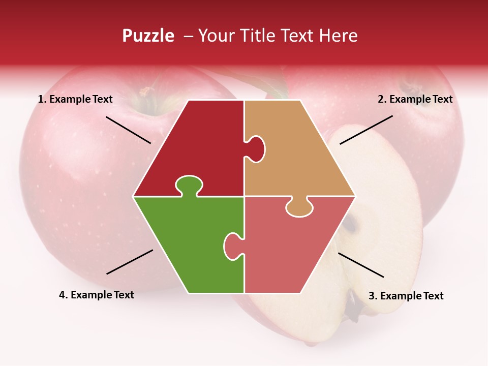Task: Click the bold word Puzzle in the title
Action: [x=148, y=36]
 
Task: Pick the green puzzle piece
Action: [x=188, y=244]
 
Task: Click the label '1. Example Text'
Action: [x=75, y=99]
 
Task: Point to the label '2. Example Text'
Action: [x=415, y=99]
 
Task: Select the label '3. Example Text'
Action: [x=406, y=296]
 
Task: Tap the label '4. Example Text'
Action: [x=97, y=295]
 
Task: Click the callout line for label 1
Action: [x=128, y=130]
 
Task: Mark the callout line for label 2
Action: [x=366, y=130]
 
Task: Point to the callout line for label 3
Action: [x=361, y=265]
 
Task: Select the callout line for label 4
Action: [x=130, y=262]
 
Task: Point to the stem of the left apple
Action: [x=147, y=92]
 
